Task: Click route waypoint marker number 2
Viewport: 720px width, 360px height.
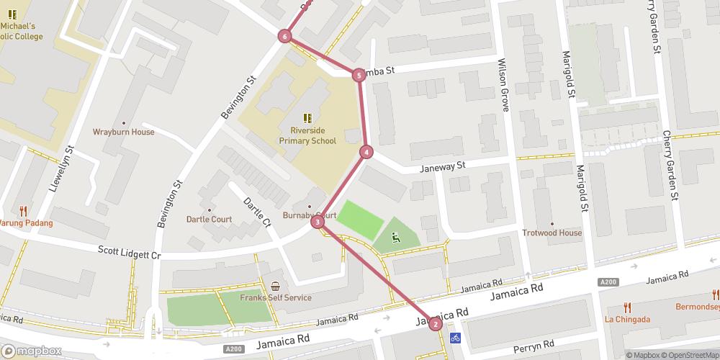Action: click(x=435, y=324)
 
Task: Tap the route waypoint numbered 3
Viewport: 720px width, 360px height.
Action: click(x=317, y=222)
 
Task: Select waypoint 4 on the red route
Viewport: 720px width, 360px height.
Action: click(x=367, y=152)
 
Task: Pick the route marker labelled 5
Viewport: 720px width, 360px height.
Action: click(x=359, y=75)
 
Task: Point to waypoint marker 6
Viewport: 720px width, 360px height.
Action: click(x=286, y=36)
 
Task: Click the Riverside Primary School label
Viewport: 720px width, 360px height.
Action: click(x=307, y=135)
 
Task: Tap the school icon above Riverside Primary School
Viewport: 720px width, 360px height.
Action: click(x=307, y=117)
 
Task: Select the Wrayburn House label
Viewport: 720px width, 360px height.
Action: click(x=123, y=132)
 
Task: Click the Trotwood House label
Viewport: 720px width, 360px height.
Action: click(x=552, y=233)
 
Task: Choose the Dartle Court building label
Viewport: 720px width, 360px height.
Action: click(x=209, y=219)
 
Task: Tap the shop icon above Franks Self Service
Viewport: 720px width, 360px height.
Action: click(x=276, y=287)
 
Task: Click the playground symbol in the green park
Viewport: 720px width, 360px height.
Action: click(x=395, y=236)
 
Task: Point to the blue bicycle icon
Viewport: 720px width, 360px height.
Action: click(x=454, y=338)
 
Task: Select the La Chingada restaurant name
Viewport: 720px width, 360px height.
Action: click(x=628, y=319)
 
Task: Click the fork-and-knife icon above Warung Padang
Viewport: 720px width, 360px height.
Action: click(x=24, y=211)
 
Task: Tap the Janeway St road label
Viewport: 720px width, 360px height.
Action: click(x=444, y=166)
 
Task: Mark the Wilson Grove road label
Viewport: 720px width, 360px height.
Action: click(x=503, y=85)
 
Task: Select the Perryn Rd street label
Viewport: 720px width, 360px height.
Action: click(x=533, y=344)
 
